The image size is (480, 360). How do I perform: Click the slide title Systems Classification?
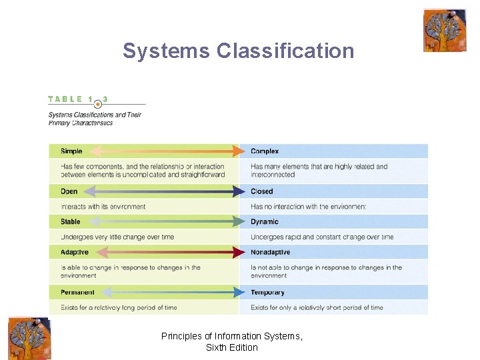click(238, 51)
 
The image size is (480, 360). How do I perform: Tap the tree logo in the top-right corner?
click(444, 31)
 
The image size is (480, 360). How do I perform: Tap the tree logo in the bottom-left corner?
click(29, 338)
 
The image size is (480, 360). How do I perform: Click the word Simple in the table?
click(71, 151)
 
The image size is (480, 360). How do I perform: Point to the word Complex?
click(265, 151)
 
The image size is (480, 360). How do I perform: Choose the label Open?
click(69, 191)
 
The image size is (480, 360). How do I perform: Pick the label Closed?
click(262, 191)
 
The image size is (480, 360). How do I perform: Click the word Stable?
click(70, 222)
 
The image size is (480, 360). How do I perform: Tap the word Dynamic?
click(265, 222)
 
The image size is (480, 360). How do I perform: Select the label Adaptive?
click(74, 253)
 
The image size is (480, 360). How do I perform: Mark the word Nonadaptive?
click(270, 253)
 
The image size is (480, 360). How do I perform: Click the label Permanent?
click(77, 292)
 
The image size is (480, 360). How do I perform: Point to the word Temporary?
click(267, 292)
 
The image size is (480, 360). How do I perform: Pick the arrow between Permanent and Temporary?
click(169, 292)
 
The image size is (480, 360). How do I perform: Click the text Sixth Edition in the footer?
click(232, 347)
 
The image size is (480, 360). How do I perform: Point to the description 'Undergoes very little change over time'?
click(117, 237)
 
